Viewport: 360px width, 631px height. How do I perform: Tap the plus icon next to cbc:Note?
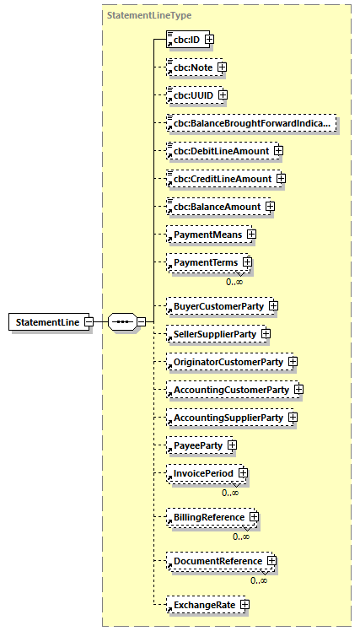(x=222, y=67)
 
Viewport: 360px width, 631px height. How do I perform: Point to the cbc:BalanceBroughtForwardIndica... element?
(x=251, y=123)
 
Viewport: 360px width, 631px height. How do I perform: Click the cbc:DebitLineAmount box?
(x=220, y=151)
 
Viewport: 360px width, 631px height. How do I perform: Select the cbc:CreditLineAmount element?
(x=222, y=179)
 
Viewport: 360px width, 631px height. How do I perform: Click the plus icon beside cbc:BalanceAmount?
(x=269, y=207)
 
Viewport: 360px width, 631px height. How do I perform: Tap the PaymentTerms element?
(x=203, y=263)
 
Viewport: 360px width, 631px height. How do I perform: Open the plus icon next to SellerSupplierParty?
(x=266, y=333)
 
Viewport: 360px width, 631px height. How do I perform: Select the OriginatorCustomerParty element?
(x=227, y=362)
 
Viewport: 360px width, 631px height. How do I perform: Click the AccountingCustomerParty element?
(x=230, y=390)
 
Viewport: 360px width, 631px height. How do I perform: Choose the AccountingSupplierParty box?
(x=227, y=418)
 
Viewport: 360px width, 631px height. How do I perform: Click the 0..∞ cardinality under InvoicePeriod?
(x=229, y=493)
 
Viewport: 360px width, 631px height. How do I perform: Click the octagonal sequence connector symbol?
(x=122, y=322)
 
